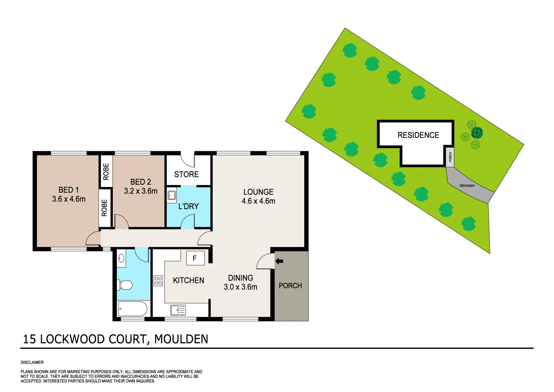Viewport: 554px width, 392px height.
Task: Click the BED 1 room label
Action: coord(69,190)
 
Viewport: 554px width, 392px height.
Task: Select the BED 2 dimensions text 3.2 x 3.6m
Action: coord(141,191)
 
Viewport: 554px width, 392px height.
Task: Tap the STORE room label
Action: coord(186,175)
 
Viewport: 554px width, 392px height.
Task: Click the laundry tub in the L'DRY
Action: coord(171,196)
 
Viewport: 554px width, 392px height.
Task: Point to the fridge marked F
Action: coord(195,258)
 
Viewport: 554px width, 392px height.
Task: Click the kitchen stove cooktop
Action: coord(158,281)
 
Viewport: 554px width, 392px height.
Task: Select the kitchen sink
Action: coord(178,310)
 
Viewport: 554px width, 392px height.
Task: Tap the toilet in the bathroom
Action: coord(125,285)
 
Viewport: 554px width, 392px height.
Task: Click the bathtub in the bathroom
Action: coord(132,309)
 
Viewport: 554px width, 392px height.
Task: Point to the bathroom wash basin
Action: coord(121,258)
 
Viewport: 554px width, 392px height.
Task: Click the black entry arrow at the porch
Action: coord(279,261)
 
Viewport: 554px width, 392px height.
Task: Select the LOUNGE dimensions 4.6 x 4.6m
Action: coord(258,201)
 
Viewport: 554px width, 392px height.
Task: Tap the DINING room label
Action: coord(240,278)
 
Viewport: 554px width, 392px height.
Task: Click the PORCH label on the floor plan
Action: coord(290,286)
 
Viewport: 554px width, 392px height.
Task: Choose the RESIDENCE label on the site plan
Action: coord(418,135)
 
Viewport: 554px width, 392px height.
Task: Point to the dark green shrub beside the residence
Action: coord(477,133)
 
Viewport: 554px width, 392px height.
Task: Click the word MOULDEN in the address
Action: coord(181,339)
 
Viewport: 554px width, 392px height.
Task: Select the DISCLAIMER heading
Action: coord(32,362)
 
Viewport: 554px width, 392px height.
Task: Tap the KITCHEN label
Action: coord(189,281)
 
